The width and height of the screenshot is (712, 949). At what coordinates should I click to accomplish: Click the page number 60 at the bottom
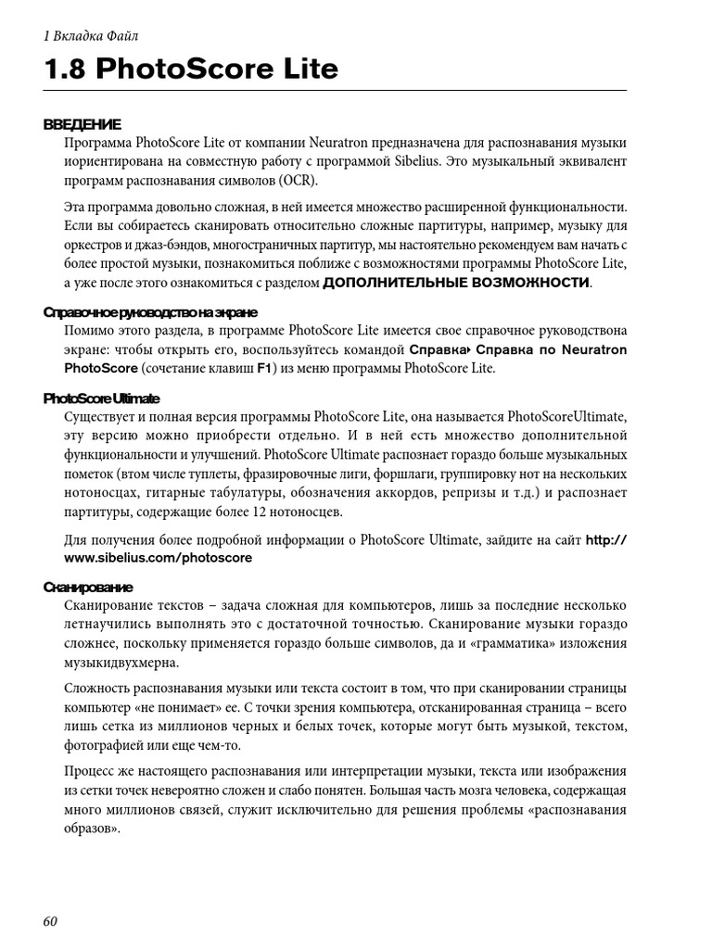coord(50,920)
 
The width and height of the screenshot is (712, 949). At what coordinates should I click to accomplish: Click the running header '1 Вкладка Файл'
coord(91,36)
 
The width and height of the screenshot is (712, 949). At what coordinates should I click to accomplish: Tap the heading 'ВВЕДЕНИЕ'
coord(83,124)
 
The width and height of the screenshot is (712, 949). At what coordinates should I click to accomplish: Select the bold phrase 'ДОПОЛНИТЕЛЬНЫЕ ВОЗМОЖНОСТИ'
coord(455,283)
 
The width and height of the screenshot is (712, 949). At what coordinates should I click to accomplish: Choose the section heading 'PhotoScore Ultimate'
coord(101,398)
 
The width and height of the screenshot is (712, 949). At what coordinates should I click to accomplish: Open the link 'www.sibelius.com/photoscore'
coord(158,559)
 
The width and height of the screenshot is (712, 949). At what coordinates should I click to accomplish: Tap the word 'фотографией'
coord(105,746)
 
